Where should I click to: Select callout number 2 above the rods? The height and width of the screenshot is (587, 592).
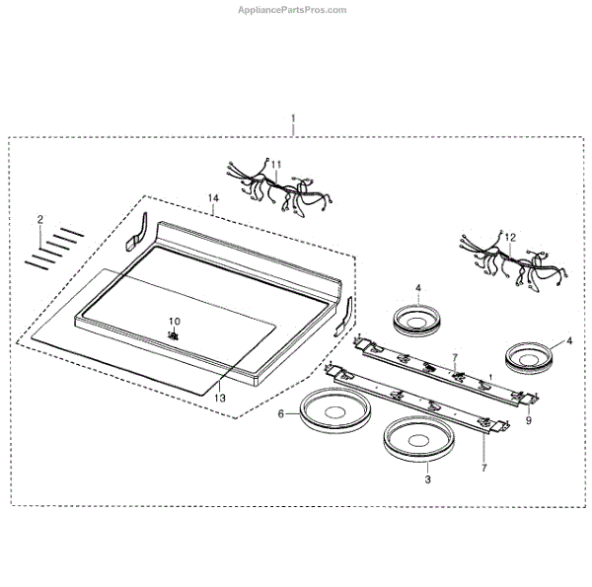(40, 218)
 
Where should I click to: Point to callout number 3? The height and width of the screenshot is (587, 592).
(426, 479)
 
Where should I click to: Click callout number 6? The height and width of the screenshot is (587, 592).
(280, 415)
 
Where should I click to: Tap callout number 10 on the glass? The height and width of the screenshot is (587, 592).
(174, 322)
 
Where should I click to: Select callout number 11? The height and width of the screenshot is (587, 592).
(276, 164)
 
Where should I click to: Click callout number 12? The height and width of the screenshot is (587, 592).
(509, 238)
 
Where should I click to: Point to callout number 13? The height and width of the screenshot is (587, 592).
(220, 398)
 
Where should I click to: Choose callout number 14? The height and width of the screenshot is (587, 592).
(212, 199)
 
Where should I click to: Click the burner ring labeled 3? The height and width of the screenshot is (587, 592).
(415, 438)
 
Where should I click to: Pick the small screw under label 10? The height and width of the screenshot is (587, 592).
(174, 335)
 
